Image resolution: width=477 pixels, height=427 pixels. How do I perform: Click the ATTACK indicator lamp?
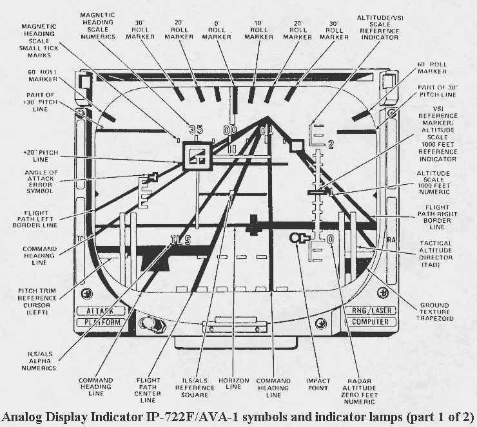pyautogui.click(x=101, y=311)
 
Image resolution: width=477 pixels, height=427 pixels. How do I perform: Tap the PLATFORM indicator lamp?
pyautogui.click(x=101, y=322)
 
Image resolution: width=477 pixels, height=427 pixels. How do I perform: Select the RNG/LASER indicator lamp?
pyautogui.click(x=371, y=310)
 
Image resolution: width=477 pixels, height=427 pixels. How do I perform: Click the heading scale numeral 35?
pyautogui.click(x=196, y=129)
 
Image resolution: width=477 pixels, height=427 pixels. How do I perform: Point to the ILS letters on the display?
pyautogui.click(x=180, y=240)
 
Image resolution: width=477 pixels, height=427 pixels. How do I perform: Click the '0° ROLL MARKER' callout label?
pyautogui.click(x=217, y=30)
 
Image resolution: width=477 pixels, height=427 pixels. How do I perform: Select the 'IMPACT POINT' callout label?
pyautogui.click(x=318, y=384)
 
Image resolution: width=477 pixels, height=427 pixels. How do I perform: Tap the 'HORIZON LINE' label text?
pyautogui.click(x=233, y=384)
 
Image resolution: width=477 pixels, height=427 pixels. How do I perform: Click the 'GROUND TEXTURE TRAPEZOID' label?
pyautogui.click(x=434, y=312)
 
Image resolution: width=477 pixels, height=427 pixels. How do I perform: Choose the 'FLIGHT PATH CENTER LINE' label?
pyautogui.click(x=148, y=390)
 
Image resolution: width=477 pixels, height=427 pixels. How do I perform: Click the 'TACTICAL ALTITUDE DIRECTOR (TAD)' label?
pyautogui.click(x=436, y=254)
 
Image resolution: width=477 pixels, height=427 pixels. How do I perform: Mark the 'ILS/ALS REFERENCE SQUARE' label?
pyautogui.click(x=195, y=388)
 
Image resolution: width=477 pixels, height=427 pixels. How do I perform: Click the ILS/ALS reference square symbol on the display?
pyautogui.click(x=197, y=156)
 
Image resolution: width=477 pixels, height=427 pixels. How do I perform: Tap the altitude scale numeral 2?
pyautogui.click(x=331, y=145)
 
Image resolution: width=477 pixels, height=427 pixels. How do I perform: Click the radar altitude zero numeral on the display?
pyautogui.click(x=331, y=240)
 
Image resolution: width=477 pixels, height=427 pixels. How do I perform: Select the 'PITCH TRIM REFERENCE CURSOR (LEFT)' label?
pyautogui.click(x=37, y=301)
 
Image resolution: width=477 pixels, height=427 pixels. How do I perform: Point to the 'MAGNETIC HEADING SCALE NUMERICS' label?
pyautogui.click(x=98, y=26)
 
